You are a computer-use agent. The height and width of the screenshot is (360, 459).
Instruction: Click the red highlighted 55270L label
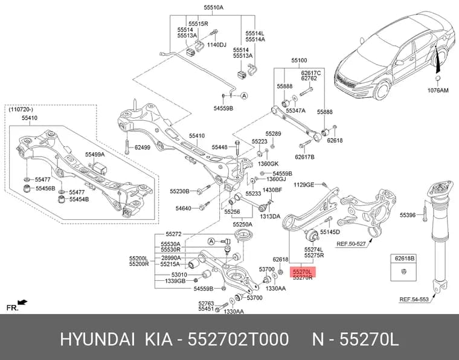click(x=303, y=272)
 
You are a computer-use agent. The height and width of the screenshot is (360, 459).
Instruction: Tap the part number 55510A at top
click(x=214, y=8)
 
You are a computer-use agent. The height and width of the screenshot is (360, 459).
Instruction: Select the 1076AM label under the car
click(x=438, y=90)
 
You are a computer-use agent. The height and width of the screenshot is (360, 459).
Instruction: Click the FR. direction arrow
click(x=22, y=302)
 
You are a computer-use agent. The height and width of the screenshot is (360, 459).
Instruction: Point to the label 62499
click(x=143, y=147)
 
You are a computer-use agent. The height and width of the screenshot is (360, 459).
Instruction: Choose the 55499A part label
click(x=95, y=154)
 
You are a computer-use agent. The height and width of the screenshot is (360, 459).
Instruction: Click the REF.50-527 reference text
click(x=351, y=243)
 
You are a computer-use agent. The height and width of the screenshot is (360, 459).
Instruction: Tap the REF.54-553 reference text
click(x=414, y=299)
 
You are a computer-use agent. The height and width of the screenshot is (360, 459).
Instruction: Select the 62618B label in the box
click(x=405, y=259)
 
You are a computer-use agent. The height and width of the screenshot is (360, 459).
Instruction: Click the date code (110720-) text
click(x=21, y=109)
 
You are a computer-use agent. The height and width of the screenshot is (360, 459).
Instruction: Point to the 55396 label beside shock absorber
click(x=408, y=215)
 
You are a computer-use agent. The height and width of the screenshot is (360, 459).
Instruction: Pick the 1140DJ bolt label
click(x=217, y=45)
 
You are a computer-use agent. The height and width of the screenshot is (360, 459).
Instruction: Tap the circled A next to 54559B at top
click(x=244, y=95)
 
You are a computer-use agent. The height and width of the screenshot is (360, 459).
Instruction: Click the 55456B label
click(x=45, y=188)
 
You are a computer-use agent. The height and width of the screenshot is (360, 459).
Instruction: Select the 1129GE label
click(x=304, y=185)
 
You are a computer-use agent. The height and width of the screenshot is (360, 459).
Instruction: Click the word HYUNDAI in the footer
click(x=97, y=339)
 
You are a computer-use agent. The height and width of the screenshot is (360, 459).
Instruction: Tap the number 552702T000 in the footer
click(x=239, y=339)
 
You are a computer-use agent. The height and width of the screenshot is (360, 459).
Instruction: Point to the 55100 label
click(x=299, y=60)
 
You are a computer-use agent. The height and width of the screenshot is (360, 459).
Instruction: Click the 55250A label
click(x=243, y=225)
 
